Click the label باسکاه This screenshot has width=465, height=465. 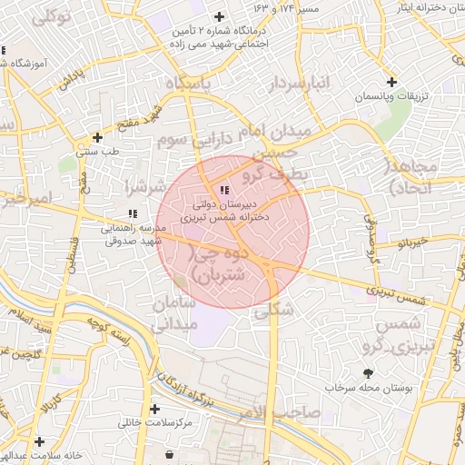[193, 84]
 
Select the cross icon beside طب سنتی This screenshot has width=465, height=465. [97, 138]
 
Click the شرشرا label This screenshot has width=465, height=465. [146, 187]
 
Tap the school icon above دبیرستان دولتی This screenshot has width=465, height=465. [224, 190]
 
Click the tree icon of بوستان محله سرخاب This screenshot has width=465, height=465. [368, 373]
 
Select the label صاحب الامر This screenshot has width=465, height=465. [281, 413]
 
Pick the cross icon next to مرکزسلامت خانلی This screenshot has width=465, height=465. [154, 410]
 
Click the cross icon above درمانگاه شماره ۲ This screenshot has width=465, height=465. [219, 16]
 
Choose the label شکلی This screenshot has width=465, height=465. [276, 310]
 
